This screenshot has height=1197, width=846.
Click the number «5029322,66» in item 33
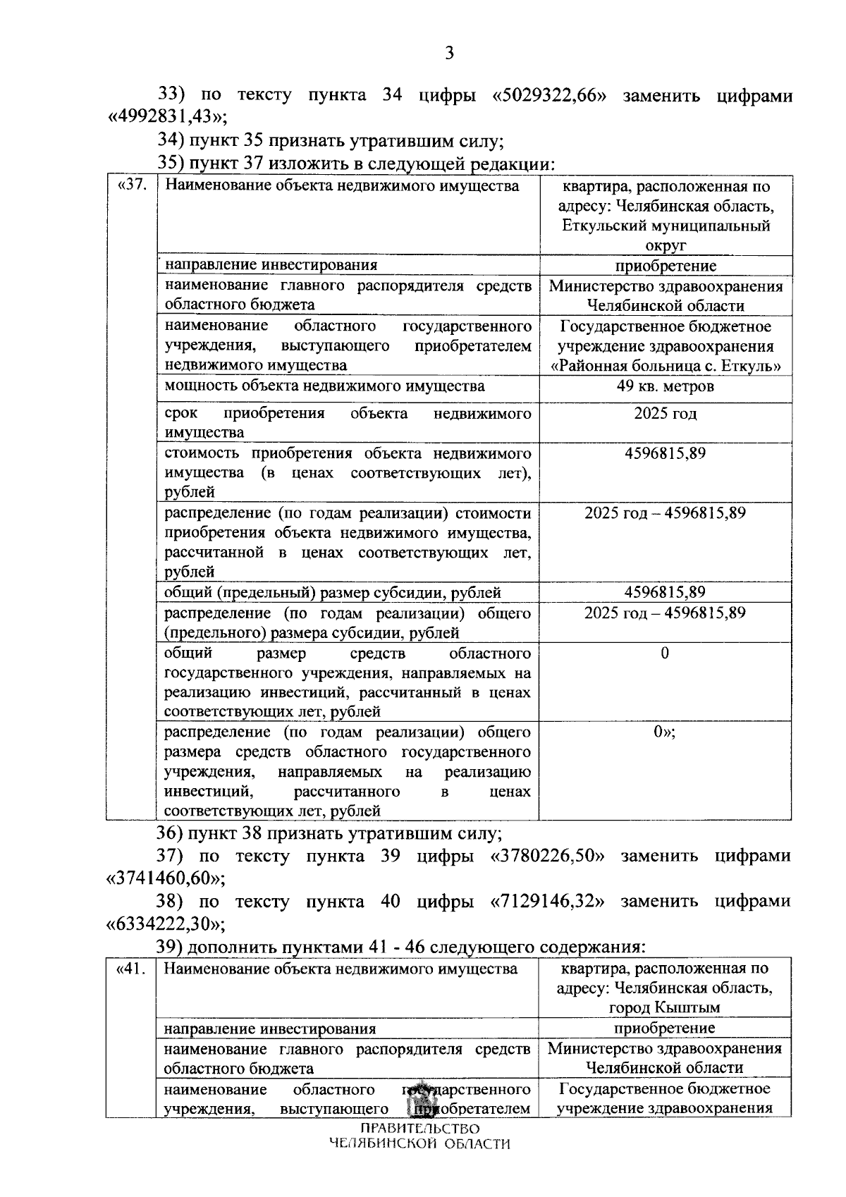click(549, 96)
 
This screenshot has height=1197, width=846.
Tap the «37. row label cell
click(131, 186)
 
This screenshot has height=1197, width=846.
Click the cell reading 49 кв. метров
click(665, 386)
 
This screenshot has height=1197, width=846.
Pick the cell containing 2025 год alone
click(665, 413)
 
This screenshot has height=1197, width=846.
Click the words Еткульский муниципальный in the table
click(666, 226)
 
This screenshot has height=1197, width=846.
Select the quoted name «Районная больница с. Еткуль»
click(666, 366)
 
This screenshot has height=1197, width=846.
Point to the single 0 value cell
click(665, 653)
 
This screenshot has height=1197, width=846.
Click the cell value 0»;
click(664, 732)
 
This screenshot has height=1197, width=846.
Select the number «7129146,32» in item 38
click(548, 901)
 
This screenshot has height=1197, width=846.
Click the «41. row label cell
click(130, 969)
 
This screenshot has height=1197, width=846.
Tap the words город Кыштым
click(664, 1007)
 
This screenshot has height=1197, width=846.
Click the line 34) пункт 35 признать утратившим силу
click(329, 140)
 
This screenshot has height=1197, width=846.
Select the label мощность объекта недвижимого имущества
click(324, 386)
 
